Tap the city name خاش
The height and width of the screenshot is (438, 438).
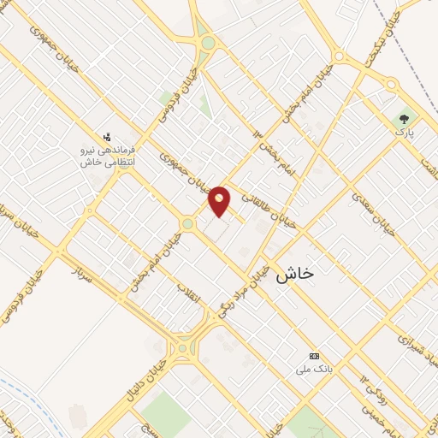pyautogui.click(x=295, y=273)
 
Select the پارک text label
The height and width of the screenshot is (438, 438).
pyautogui.click(x=404, y=134)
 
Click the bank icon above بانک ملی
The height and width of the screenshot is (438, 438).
pyautogui.click(x=314, y=356)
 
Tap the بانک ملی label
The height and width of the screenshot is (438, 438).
pyautogui.click(x=313, y=370)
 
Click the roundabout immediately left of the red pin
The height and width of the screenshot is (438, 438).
pyautogui.click(x=186, y=224)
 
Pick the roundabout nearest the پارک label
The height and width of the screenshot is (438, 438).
pyautogui.click(x=391, y=85)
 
